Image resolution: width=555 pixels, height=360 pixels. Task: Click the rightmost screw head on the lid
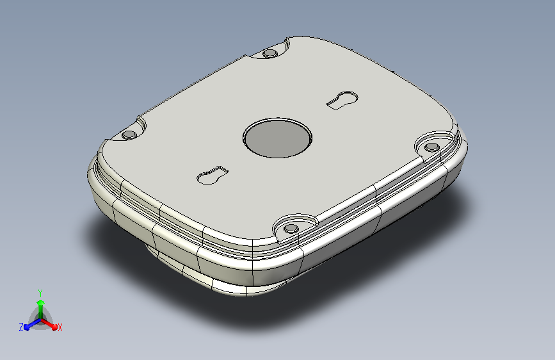click(x=432, y=147)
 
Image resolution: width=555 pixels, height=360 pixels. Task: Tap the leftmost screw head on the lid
click(x=129, y=135)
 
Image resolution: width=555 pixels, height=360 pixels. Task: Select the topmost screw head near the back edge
click(x=269, y=54)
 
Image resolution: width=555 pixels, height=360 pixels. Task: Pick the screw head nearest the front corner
click(x=291, y=228)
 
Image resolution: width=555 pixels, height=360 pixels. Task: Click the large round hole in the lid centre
click(x=278, y=138)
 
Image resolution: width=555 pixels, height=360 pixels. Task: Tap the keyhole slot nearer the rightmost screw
click(x=342, y=100)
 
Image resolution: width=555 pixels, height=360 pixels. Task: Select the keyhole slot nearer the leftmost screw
click(x=213, y=175)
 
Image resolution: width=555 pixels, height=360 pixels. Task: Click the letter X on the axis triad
click(x=60, y=327)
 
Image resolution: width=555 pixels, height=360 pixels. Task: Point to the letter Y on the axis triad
click(x=40, y=293)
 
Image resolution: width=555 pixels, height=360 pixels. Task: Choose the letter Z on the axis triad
click(x=21, y=327)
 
